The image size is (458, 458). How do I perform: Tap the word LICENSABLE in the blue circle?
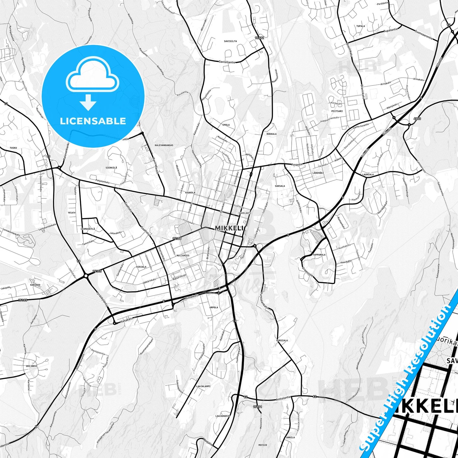coord(93,121)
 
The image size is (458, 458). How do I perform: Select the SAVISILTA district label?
coord(230,41)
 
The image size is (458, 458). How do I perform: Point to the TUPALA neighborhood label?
coord(360,26)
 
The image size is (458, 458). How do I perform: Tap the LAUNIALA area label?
coord(368,175)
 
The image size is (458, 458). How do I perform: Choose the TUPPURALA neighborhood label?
coord(319,255)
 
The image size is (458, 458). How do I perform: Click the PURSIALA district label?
coord(282,340)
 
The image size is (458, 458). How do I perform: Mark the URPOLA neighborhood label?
coord(214,307)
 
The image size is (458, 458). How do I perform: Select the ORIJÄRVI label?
coord(32,366)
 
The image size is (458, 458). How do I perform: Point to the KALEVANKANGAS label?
coord(164,145)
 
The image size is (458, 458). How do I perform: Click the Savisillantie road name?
coord(227,62)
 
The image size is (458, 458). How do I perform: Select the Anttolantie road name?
coord(283,399)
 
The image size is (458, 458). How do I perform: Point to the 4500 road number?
coord(417,119)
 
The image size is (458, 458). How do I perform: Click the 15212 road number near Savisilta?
coord(259,38)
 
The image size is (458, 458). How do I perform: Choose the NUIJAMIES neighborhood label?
coord(183,255)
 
